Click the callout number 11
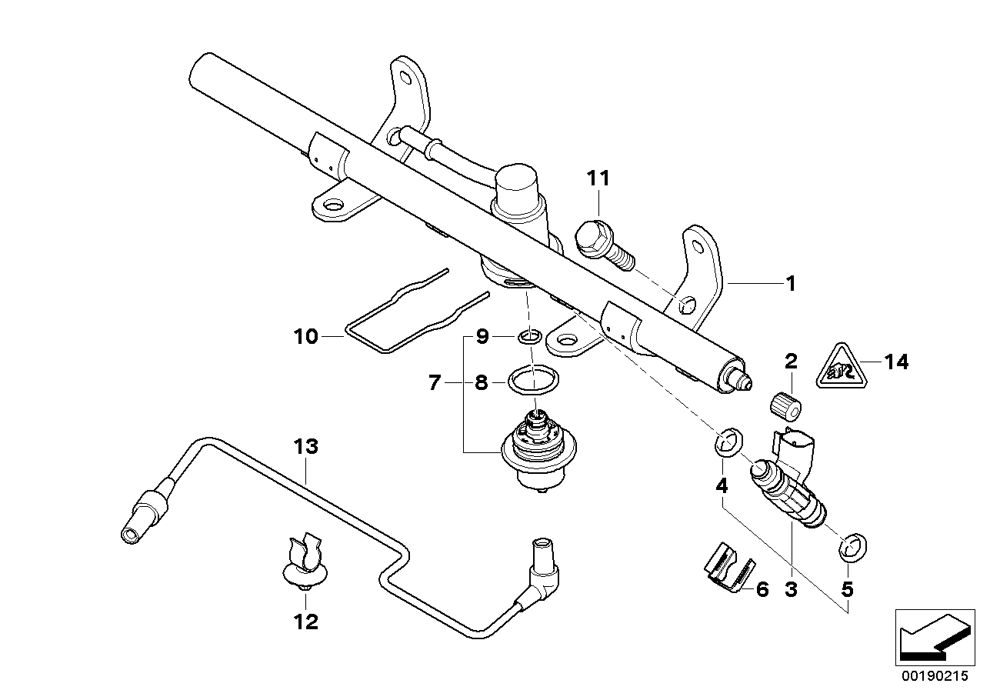click(x=598, y=178)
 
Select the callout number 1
click(x=789, y=284)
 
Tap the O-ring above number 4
click(x=728, y=443)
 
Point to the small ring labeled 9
click(x=528, y=336)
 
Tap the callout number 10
click(x=305, y=336)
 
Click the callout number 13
click(x=305, y=446)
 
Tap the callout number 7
click(x=435, y=382)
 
